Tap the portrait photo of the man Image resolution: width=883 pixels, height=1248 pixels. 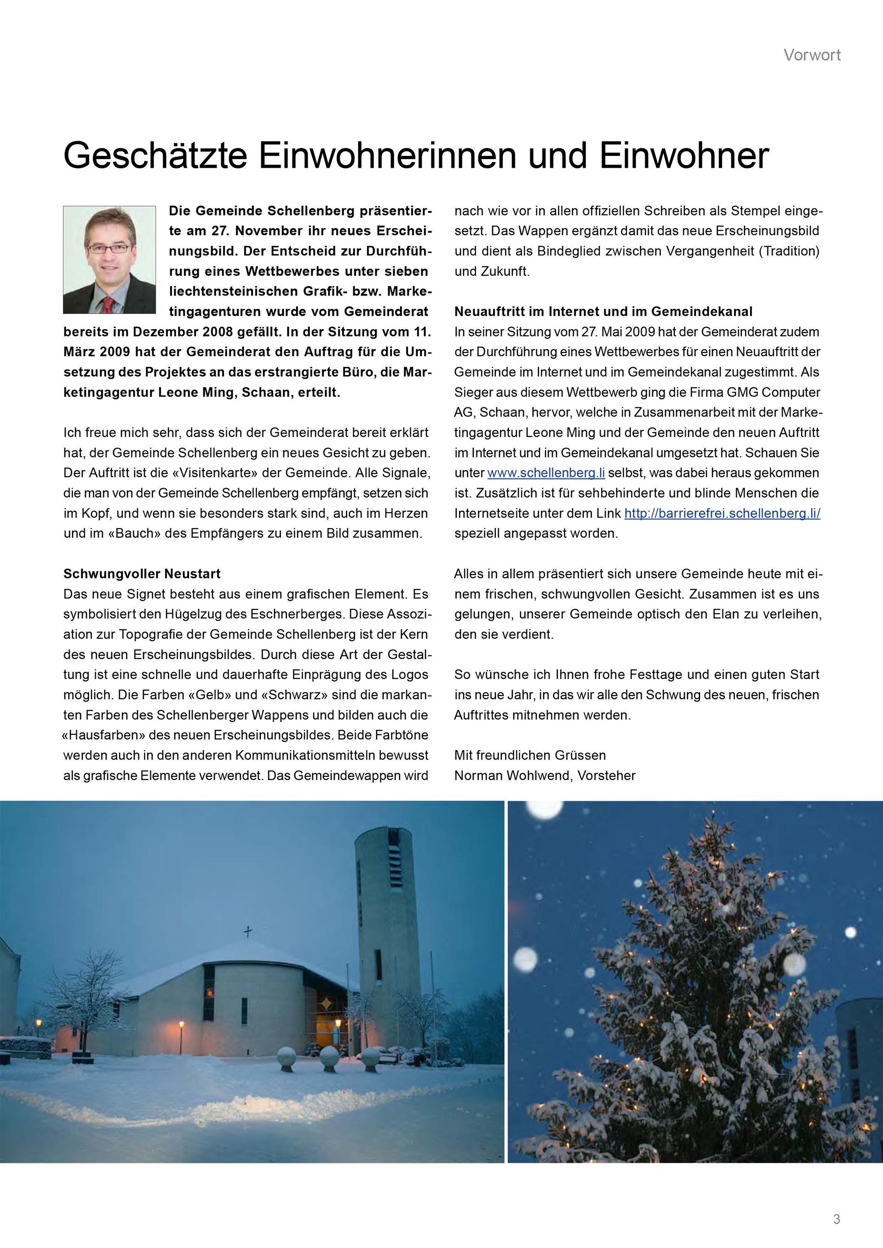109,259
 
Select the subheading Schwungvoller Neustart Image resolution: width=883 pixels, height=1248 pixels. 142,574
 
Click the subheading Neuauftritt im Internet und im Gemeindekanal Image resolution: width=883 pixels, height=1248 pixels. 603,312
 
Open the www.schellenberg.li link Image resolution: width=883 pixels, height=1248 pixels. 546,473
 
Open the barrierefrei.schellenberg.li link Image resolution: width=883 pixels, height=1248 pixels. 722,513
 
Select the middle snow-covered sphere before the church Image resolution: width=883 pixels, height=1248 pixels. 329,1057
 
